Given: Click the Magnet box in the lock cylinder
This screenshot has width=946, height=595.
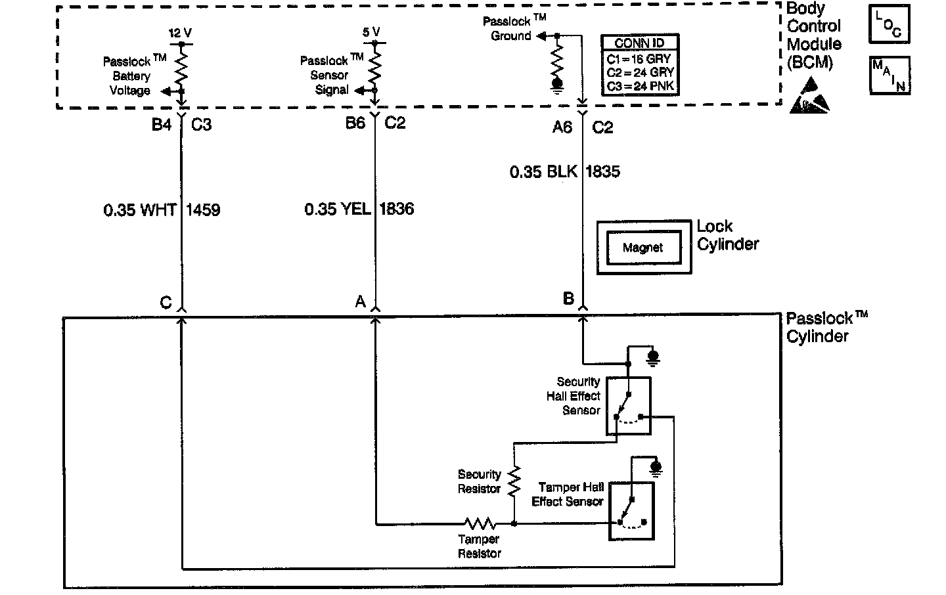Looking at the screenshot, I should tap(643, 248).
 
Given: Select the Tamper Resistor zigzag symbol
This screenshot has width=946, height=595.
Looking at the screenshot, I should tap(480, 523).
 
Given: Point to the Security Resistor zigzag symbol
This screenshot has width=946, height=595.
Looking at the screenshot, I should tap(514, 481).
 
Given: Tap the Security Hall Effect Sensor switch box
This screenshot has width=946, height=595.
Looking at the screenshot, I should tap(628, 405).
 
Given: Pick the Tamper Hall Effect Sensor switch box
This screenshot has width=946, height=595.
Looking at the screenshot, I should tap(631, 512).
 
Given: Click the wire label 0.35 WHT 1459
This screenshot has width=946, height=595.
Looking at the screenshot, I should tap(162, 210).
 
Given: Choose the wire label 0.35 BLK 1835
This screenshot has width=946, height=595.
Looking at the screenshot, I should tap(564, 172).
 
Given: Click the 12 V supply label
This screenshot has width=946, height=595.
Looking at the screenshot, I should tap(179, 33).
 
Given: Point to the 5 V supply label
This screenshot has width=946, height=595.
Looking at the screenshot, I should tap(371, 32).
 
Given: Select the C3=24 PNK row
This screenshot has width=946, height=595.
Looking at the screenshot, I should tap(640, 86).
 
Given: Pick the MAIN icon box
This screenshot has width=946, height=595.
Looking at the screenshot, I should tap(890, 76).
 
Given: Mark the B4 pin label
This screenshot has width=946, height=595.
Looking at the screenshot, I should tap(162, 124).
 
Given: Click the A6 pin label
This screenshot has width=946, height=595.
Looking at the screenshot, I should tap(562, 127).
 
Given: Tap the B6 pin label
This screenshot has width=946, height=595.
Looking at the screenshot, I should tap(355, 123).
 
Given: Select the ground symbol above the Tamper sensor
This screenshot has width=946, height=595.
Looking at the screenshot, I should tap(655, 467).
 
